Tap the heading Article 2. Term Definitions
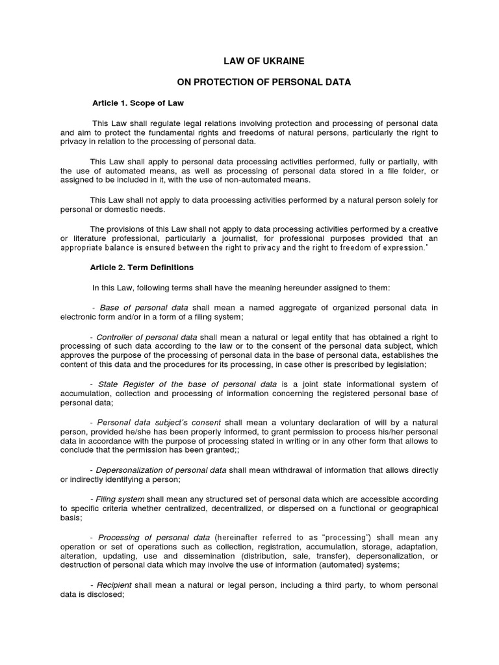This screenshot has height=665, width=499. point(142,267)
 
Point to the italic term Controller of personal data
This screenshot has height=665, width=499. point(147,337)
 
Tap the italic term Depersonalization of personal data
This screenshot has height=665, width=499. point(161,470)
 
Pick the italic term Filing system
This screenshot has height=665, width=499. point(120,499)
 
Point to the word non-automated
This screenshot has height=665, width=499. point(233,180)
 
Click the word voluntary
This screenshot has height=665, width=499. point(279,422)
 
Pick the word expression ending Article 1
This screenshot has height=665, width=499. point(402,248)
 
